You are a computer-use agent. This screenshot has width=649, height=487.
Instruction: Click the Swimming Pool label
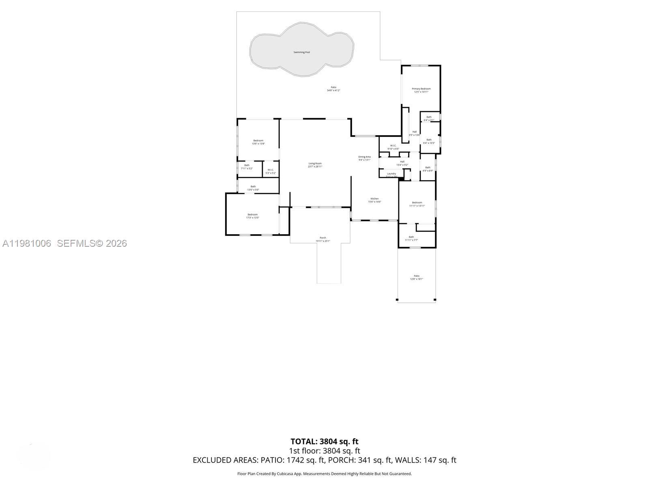[301, 52]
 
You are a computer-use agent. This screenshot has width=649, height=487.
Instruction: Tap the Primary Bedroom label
[421, 89]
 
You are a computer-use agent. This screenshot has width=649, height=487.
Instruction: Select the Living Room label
[315, 164]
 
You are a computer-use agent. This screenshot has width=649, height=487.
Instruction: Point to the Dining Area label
[364, 157]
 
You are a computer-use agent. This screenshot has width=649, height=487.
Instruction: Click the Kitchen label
[374, 199]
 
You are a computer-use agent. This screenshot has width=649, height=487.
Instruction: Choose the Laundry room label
[391, 174]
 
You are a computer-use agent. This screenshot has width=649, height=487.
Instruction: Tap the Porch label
[323, 238]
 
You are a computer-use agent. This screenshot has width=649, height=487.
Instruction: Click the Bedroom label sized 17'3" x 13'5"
[252, 215]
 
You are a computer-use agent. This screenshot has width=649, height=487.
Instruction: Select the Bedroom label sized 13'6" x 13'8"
[258, 141]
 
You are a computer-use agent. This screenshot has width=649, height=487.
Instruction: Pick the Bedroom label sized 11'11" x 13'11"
[417, 203]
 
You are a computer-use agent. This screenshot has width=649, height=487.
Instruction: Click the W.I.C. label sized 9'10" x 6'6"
[393, 146]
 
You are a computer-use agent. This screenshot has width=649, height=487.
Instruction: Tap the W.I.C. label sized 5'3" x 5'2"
[271, 170]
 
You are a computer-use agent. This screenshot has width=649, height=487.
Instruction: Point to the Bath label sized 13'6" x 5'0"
[253, 187]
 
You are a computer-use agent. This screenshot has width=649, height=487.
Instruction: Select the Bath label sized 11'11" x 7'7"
[411, 237]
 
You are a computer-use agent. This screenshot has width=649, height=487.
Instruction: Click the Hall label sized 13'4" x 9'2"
[402, 162]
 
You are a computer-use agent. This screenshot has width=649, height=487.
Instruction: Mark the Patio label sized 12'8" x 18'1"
[417, 276]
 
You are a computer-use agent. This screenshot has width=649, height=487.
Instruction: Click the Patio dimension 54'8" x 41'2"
[333, 91]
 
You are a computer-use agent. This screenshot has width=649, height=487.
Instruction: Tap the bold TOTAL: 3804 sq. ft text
[324, 442]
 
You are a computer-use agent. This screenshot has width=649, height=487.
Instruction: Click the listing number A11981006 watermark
[27, 243]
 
